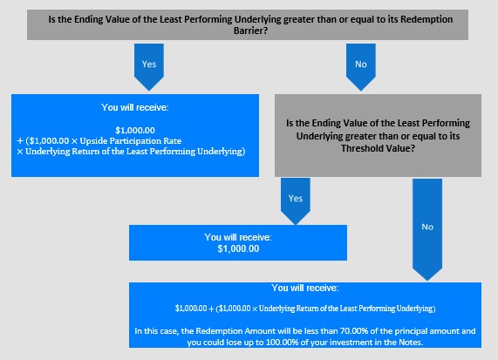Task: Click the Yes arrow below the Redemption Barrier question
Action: [x=149, y=66]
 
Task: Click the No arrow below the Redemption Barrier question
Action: [x=361, y=66]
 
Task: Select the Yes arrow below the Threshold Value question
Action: [x=296, y=201]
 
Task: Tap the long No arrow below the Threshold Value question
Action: [x=427, y=229]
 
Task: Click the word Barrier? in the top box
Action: [x=250, y=31]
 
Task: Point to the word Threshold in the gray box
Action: [x=360, y=148]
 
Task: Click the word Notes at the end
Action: [x=411, y=343]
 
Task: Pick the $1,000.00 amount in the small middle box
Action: [x=238, y=248]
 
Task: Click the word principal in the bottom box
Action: [x=404, y=331]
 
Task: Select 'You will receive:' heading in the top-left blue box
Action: [x=135, y=107]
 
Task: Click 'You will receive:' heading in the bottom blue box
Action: [x=305, y=288]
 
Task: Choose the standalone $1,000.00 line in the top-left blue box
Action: [x=135, y=130]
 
